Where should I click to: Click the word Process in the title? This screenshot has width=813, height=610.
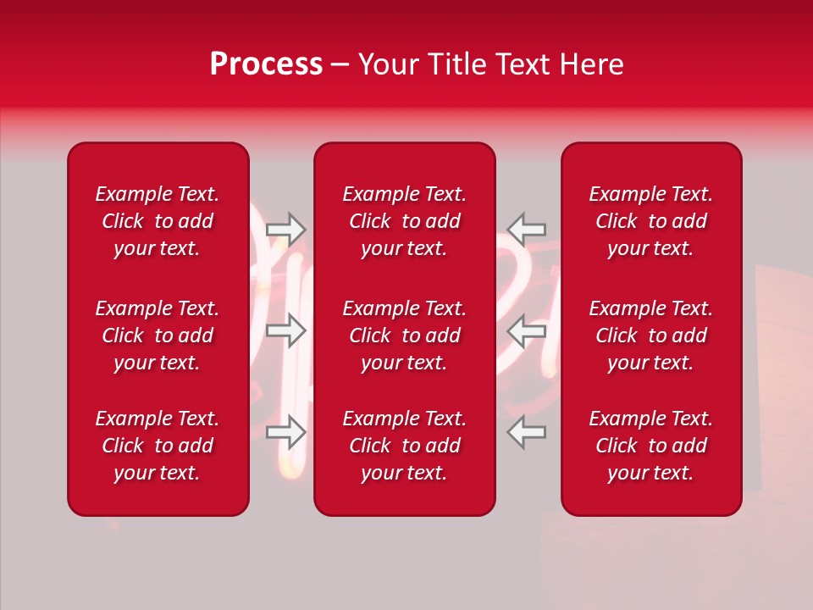266,64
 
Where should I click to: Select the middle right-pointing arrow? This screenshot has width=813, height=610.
286,330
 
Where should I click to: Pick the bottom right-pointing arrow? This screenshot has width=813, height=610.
286,432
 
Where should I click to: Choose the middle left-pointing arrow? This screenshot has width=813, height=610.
526,330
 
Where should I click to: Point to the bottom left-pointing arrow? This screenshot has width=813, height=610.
526,432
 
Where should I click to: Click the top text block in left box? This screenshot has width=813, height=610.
158,221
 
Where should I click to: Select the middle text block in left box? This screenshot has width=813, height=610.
158,335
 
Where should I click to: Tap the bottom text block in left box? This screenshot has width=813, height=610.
158,446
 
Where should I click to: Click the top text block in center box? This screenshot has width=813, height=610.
404,221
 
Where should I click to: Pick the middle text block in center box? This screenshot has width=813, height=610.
404,335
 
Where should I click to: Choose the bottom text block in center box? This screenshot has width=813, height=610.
404,446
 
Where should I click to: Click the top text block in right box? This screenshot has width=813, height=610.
650,221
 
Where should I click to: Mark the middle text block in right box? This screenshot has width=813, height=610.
650,335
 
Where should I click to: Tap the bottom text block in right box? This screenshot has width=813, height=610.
650,446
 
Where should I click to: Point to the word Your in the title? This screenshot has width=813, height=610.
387,64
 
